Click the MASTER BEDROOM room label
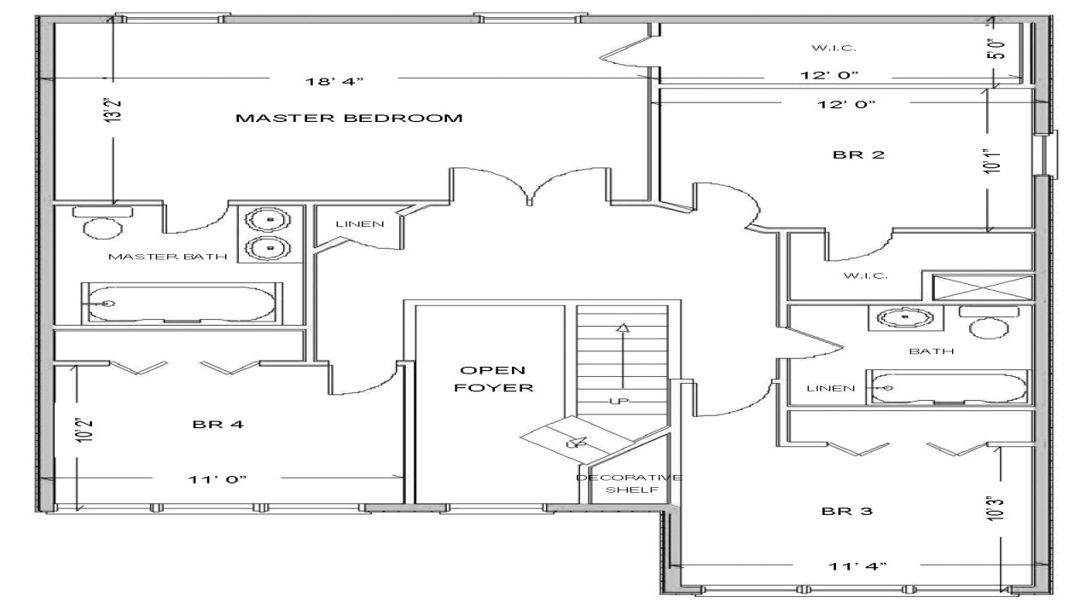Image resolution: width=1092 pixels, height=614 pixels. [349, 118]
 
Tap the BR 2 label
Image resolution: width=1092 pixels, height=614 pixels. [858, 155]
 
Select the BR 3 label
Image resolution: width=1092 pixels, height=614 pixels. [847, 511]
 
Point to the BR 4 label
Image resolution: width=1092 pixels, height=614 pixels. [218, 424]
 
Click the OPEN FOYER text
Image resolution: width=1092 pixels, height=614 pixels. [493, 379]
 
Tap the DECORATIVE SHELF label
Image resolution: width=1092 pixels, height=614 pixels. [630, 484]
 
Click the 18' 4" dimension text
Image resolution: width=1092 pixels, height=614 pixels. [334, 81]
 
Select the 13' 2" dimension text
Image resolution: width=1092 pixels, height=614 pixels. [113, 110]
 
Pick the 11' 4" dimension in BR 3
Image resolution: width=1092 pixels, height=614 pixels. [857, 566]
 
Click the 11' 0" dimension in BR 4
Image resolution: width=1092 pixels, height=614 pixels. [218, 479]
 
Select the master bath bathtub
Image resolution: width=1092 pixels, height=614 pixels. [181, 303]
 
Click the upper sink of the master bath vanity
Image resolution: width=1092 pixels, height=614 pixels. [270, 220]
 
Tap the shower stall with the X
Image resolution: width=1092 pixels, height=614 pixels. [982, 287]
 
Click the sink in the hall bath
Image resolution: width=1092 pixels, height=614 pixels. [905, 318]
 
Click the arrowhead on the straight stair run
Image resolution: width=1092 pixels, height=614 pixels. [623, 327]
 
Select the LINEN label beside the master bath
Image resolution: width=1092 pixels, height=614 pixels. [360, 224]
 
